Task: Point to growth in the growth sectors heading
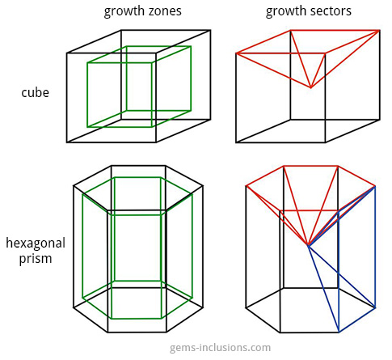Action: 286,12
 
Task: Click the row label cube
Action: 36,92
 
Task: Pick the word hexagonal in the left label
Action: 36,244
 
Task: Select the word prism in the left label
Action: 36,259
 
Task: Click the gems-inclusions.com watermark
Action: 220,348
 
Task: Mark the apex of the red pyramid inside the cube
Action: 311,88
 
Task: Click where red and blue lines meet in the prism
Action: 309,245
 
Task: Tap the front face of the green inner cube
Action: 120,95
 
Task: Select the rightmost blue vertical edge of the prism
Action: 375,247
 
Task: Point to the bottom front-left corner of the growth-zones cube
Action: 67,142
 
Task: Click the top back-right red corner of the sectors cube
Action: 379,31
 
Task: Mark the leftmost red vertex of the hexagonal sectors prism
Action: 247,186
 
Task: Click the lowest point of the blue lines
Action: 339,332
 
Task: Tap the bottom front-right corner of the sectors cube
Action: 325,142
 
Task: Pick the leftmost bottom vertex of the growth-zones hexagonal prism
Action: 74,307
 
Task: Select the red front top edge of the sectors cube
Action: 280,53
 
